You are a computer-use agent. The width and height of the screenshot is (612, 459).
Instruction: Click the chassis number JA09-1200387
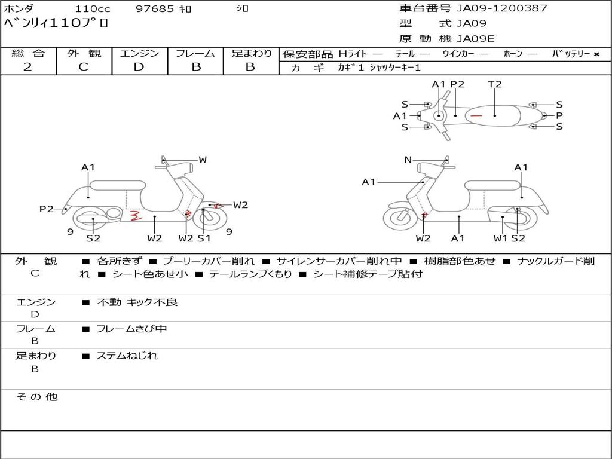[x=502, y=8]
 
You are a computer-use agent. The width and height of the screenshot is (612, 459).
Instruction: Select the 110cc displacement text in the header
[x=93, y=9]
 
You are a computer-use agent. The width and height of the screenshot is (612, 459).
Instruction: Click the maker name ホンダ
[x=19, y=9]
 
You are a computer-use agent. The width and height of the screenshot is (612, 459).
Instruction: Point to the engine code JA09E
[x=476, y=39]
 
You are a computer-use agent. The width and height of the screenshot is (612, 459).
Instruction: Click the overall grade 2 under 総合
[x=27, y=67]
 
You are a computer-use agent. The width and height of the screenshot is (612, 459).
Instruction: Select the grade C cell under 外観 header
[x=84, y=67]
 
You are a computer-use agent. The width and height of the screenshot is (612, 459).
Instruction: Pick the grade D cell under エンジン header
[x=139, y=67]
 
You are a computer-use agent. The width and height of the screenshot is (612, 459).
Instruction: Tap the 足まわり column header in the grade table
[x=251, y=53]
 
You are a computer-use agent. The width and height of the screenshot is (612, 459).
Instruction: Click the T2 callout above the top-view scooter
[x=495, y=84]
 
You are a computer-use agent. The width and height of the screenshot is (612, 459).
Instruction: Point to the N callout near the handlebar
[x=408, y=160]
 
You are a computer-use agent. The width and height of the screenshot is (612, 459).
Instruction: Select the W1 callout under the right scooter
[x=500, y=238]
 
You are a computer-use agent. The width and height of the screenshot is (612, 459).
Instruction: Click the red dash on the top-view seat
[x=476, y=115]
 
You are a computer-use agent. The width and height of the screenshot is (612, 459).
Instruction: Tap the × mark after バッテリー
[x=596, y=54]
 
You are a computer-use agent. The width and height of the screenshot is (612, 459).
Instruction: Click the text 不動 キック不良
[x=137, y=302]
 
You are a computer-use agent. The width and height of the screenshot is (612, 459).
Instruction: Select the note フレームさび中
[x=131, y=329]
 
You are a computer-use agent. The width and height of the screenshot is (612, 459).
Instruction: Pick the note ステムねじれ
[x=127, y=356]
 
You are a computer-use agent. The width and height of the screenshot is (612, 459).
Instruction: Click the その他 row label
[x=36, y=397]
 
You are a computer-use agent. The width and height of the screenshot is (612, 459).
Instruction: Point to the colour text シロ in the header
[x=242, y=9]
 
